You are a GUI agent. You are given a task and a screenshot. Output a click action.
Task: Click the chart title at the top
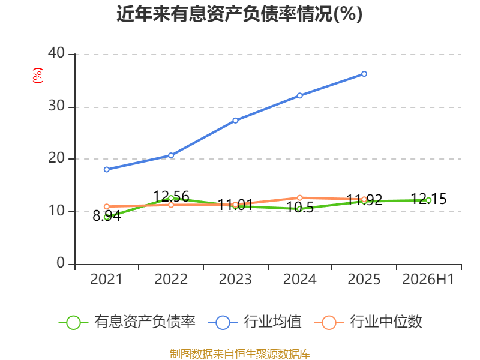pos(239,14)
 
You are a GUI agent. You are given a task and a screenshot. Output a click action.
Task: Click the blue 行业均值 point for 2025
pos(364,74)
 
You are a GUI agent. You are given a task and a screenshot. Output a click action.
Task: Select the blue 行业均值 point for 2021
pos(107,169)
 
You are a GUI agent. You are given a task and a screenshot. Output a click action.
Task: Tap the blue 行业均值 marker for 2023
pos(235,121)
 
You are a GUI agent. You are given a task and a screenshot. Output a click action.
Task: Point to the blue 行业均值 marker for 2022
pos(171,155)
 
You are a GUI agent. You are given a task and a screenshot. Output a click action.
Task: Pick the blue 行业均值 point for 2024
pos(299,95)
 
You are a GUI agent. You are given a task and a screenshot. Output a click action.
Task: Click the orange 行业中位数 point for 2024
pos(299,198)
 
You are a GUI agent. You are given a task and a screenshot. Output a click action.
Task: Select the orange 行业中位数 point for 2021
pos(107,206)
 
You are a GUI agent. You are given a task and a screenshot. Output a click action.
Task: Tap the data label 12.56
pos(171,196)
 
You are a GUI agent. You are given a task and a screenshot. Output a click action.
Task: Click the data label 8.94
pos(107,216)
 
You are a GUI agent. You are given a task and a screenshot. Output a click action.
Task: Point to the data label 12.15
pos(428,199)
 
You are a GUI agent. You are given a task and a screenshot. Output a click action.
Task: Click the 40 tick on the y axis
pos(56,53)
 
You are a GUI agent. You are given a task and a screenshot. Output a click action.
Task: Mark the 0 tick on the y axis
pos(61,263)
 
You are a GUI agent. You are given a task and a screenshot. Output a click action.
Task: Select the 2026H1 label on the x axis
pos(428,279)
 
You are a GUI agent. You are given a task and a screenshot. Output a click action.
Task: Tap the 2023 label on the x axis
pos(235,279)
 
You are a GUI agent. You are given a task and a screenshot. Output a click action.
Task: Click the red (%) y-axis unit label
pos(38,76)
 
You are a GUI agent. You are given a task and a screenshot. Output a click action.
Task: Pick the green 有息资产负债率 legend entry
pos(127,322)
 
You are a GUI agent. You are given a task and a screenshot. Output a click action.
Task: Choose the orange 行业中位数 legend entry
pos(368,322)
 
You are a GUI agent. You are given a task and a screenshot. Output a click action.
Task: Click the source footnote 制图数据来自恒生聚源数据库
pos(239,354)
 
